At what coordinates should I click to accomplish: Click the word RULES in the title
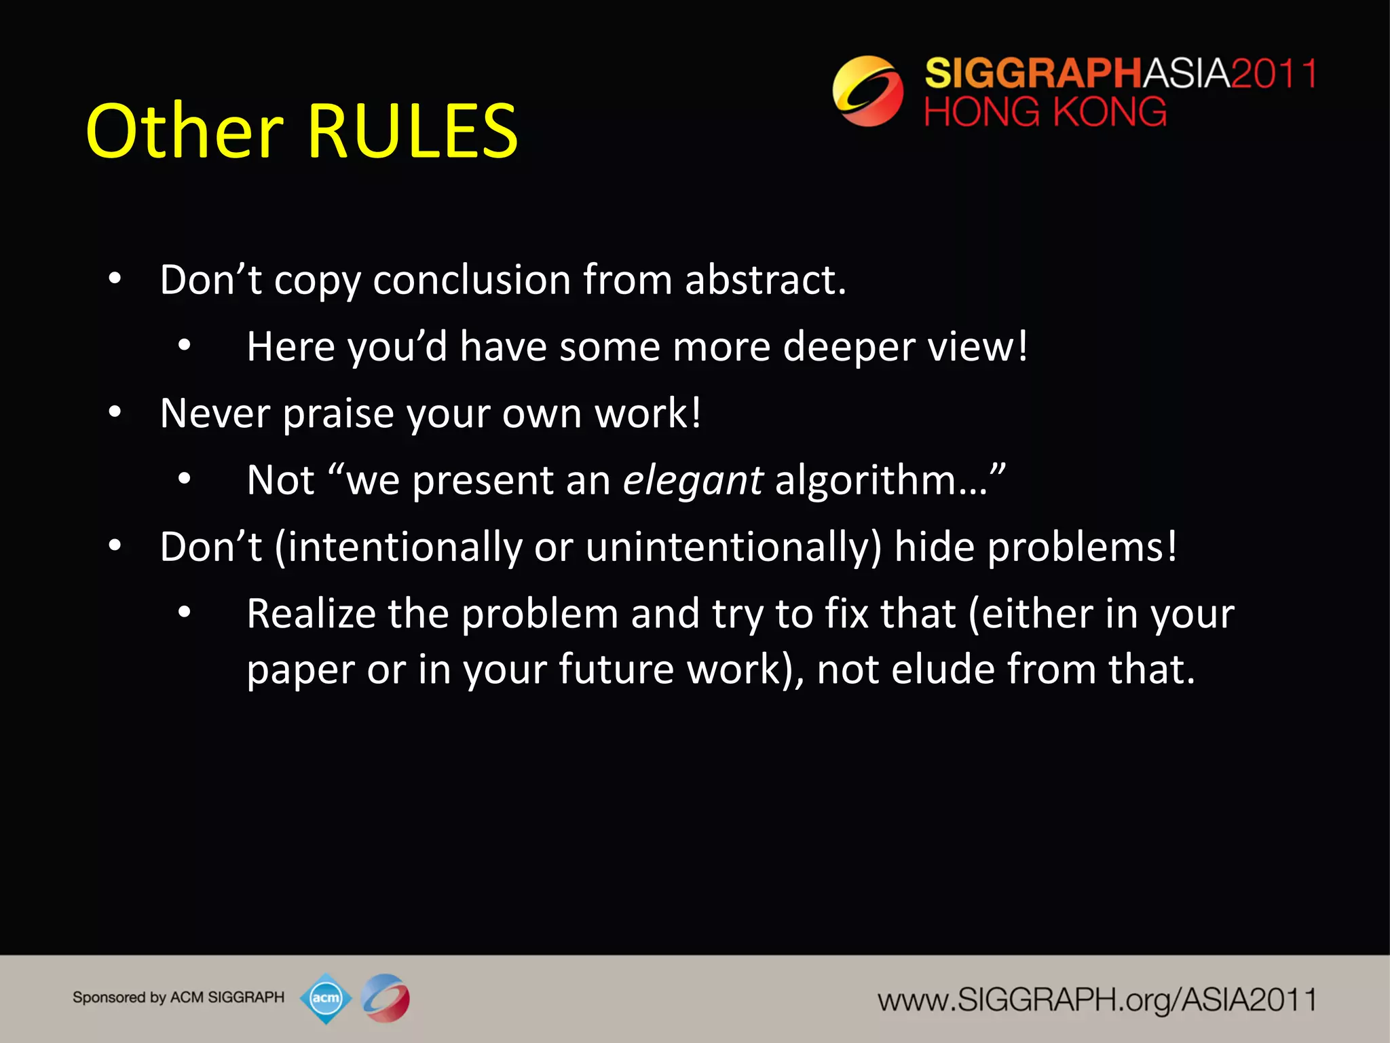tap(413, 131)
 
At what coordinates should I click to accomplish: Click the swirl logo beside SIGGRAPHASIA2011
tap(868, 91)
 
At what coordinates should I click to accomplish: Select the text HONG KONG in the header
tap(1045, 112)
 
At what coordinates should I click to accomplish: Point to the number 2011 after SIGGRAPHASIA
tap(1274, 73)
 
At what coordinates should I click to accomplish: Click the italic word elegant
tap(693, 481)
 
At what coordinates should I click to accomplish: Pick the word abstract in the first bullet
tap(765, 280)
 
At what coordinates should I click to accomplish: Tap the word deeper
tap(849, 346)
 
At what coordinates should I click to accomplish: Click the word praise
tap(338, 414)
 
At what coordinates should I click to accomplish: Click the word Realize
tap(311, 614)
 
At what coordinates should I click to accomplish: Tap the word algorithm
tap(882, 481)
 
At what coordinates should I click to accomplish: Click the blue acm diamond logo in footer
tap(326, 998)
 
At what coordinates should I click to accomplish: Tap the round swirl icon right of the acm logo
tap(386, 998)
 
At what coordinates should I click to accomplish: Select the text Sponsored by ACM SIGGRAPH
tap(179, 998)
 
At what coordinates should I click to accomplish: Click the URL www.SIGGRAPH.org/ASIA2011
tap(1097, 1000)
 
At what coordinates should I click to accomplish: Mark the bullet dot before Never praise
tap(115, 412)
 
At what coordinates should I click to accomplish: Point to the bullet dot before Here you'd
tap(185, 346)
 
